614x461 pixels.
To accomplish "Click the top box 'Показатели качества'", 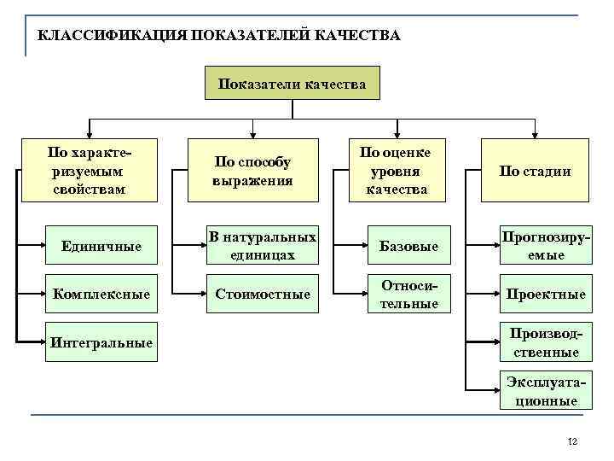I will [293, 84].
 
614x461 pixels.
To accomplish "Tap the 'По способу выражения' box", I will [253, 171].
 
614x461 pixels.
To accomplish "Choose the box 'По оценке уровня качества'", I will [396, 171].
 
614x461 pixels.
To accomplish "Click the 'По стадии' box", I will [535, 171].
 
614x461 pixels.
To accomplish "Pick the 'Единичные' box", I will [102, 246].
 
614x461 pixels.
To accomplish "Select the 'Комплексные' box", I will [102, 294].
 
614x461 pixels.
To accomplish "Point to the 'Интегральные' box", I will [102, 342].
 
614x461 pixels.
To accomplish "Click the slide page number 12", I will [572, 441].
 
